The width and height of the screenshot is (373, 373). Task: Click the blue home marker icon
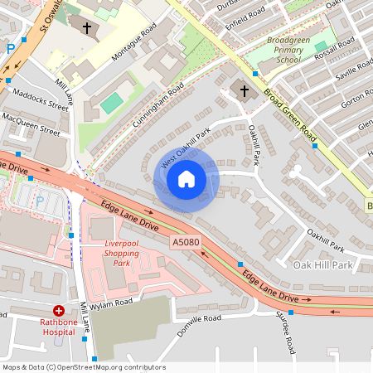186,178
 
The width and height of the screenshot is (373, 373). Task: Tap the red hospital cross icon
58,309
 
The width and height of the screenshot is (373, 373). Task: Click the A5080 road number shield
186,242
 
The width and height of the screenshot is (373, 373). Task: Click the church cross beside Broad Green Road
244,90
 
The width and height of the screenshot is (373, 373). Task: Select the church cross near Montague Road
87,28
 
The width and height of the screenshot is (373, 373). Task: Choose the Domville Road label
199,324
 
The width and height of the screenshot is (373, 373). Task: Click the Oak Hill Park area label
323,265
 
